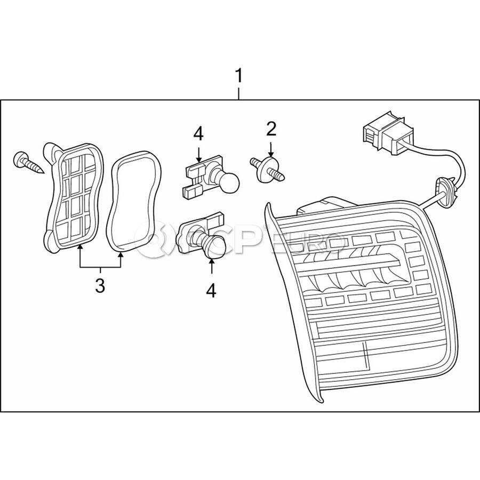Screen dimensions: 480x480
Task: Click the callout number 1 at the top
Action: click(x=238, y=76)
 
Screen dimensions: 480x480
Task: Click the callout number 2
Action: click(x=271, y=129)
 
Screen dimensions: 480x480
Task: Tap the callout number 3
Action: click(x=100, y=286)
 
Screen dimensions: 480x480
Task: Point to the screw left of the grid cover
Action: click(x=28, y=163)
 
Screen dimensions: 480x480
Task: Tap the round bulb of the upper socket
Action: click(x=229, y=183)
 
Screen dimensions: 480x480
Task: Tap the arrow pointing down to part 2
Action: click(x=271, y=149)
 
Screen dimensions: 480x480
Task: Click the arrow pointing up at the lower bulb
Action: click(x=212, y=266)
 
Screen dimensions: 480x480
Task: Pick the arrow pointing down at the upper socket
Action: click(x=199, y=154)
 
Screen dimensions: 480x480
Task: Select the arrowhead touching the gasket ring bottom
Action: click(x=121, y=255)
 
